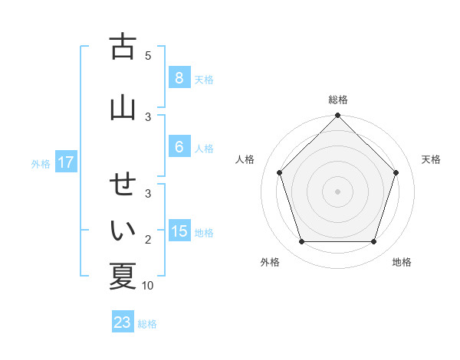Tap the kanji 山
123,107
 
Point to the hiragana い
123,229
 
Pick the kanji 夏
123,276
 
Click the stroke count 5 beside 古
148,55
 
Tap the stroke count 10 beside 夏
148,286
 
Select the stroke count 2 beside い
148,240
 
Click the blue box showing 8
179,77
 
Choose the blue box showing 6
179,147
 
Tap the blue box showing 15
179,231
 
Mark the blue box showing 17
65,162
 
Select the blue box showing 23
123,322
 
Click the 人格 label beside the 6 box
204,148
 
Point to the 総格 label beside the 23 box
147,324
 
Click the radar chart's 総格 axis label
338,100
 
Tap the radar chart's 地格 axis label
402,262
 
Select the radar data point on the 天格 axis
396,172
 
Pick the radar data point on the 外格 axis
301,242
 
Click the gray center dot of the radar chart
338,191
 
